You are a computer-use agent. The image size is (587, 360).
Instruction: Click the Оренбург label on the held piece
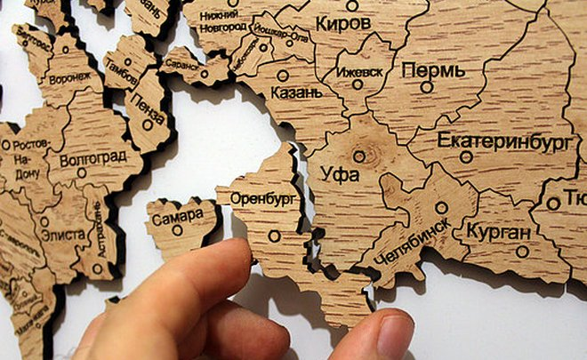tap(263, 198)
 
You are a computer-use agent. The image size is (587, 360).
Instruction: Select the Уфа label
tap(342, 174)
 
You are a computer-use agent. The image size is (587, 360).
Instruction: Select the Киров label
tap(343, 21)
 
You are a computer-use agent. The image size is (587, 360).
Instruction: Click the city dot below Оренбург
tap(274, 236)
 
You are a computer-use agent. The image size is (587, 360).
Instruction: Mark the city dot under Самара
tap(177, 230)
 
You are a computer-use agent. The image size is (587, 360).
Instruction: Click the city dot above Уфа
tap(358, 156)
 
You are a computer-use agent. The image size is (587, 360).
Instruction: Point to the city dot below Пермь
tap(426, 87)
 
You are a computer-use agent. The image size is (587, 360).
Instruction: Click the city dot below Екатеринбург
tap(465, 157)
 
